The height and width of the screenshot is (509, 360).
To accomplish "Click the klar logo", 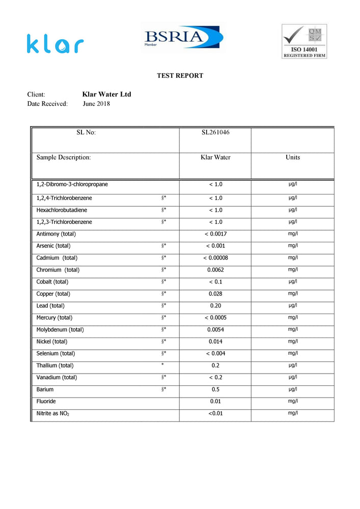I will pos(55,44).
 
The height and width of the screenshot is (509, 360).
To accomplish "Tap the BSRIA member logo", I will pos(182,38).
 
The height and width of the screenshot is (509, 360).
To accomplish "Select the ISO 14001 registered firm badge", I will pos(304,41).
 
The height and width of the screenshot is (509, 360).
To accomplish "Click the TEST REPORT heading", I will pos(180,76).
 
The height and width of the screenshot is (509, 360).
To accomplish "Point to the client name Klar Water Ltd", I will pos(106,95).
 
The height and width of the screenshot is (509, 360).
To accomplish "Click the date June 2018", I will pos(96,104).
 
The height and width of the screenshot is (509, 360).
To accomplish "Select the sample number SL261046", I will pos(215,133).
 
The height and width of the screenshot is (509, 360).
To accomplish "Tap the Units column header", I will pos(293,157).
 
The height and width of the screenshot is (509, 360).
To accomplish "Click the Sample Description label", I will pos(64,157).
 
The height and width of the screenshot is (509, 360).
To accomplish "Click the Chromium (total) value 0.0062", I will pos(215,270).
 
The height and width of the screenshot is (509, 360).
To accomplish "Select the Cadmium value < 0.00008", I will pos(215,258).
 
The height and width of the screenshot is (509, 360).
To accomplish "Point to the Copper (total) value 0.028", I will pos(215,294).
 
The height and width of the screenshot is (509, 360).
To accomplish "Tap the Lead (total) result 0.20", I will pos(215,306).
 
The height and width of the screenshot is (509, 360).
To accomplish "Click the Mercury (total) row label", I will pos(54,318).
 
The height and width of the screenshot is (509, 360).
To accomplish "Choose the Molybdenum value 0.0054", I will pos(215,330).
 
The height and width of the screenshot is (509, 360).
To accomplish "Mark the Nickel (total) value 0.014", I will pos(215,342).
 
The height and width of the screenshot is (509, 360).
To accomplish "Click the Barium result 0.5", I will pos(215,389).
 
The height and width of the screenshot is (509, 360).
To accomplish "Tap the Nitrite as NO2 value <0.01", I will pos(215,413).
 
